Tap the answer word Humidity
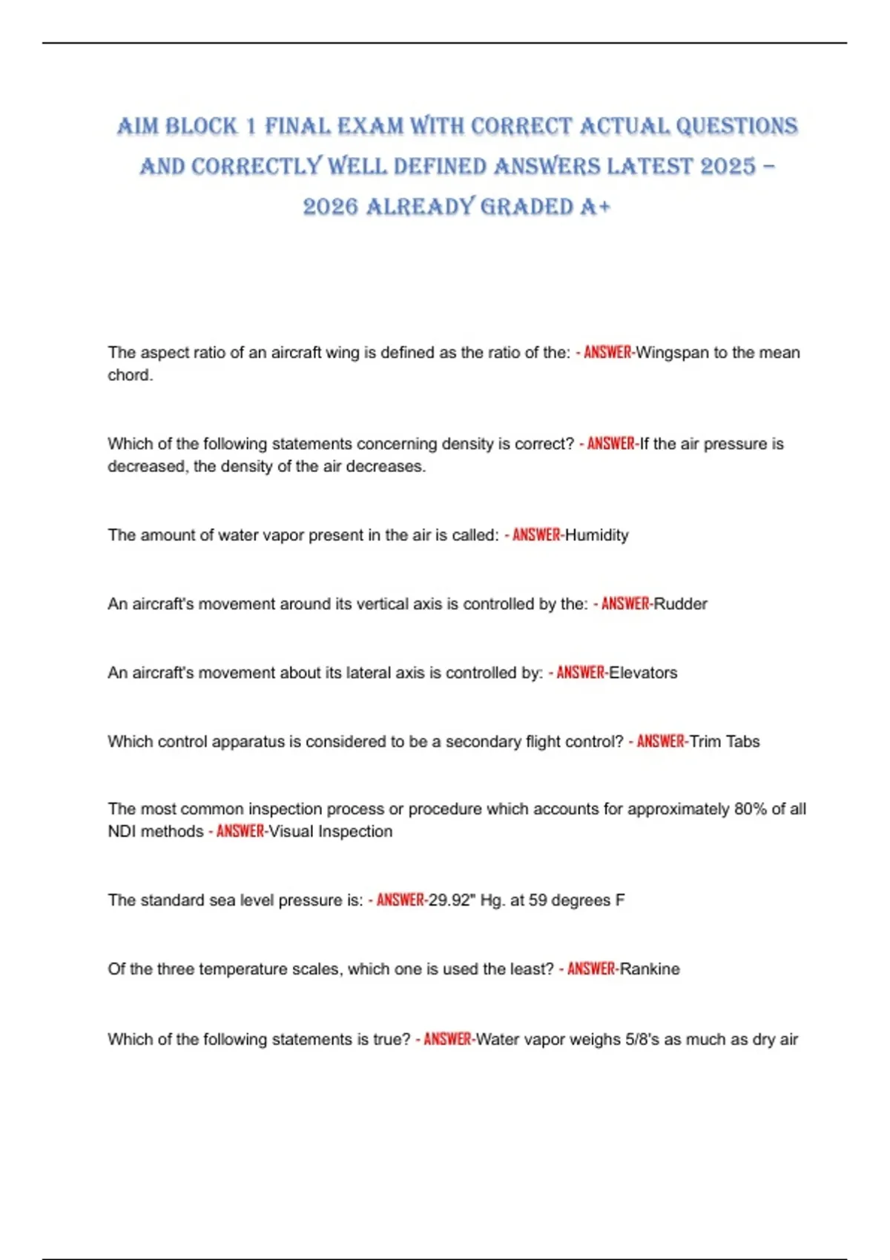point(596,535)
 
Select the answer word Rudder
point(680,604)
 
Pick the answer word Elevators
point(643,673)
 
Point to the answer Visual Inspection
point(330,832)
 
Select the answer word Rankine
point(650,969)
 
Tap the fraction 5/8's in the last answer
point(642,1040)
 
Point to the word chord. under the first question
point(131,375)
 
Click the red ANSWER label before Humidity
point(536,535)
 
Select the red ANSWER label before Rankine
point(591,969)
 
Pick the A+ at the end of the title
point(596,207)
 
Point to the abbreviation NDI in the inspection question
point(122,832)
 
